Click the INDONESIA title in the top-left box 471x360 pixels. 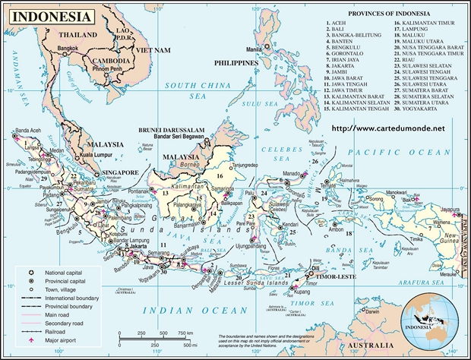pos(47,15)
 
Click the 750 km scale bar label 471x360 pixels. pos(185,333)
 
